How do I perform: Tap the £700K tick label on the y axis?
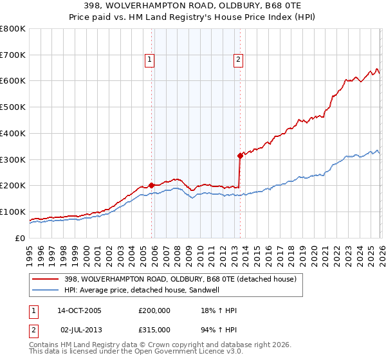13,55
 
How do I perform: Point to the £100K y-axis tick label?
13,212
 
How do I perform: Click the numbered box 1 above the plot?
149,60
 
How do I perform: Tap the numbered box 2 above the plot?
238,60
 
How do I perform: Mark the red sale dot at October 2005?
151,185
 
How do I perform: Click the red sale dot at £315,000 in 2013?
240,155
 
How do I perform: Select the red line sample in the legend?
46,279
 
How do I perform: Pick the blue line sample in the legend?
46,290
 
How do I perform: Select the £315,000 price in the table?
154,329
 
